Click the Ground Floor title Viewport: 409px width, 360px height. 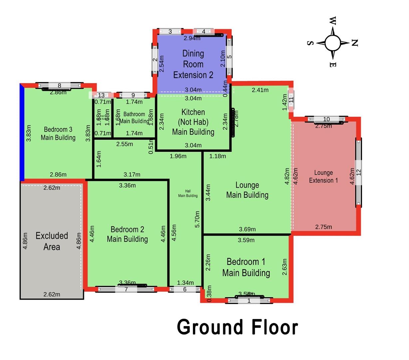[237, 327]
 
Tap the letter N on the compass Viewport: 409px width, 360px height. [354, 43]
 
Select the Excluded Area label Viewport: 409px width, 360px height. [52, 241]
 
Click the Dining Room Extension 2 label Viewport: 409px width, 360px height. [193, 64]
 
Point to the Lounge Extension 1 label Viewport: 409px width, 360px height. [323, 176]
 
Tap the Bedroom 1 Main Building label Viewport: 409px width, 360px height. [246, 267]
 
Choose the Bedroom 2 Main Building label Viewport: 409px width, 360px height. [127, 234]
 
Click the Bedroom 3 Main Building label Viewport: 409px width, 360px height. [58, 133]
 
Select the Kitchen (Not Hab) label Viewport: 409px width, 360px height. [193, 122]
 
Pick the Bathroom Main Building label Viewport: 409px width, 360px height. [134, 118]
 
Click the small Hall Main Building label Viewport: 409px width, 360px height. [188, 194]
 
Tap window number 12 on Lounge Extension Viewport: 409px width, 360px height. [359, 172]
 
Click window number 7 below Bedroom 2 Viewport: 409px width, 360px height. [126, 289]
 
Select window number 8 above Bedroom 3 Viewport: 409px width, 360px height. [59, 86]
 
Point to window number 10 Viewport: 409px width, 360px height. [326, 119]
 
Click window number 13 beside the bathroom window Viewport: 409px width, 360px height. [101, 95]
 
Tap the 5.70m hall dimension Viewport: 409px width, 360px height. [198, 219]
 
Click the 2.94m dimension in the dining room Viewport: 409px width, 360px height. [192, 38]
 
